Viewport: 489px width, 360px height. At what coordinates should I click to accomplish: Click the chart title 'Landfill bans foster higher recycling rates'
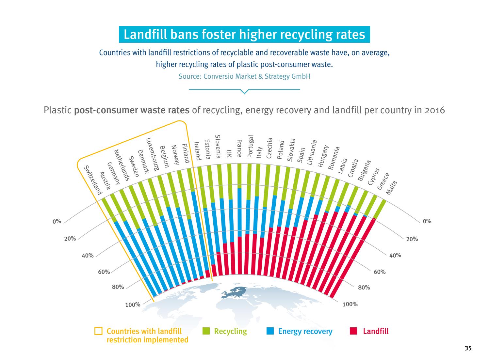coord(244,35)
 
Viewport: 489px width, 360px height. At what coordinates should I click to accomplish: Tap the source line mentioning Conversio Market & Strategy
coord(244,77)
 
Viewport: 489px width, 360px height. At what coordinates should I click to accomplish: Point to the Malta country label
coord(391,188)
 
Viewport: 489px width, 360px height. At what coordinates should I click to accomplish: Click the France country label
coord(239,149)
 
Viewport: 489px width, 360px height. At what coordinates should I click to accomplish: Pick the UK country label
coord(229,153)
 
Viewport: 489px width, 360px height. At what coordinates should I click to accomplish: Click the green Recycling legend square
coord(206,331)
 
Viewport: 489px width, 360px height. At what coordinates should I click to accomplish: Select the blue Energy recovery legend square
coord(270,331)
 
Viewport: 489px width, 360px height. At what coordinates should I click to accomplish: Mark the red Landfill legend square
coord(353,331)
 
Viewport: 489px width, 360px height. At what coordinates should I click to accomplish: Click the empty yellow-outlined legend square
coord(98,331)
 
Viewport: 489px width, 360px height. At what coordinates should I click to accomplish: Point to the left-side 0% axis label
coord(57,222)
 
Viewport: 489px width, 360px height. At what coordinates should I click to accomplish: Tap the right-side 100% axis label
coord(350,304)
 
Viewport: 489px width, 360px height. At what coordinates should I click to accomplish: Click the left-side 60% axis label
coord(104,272)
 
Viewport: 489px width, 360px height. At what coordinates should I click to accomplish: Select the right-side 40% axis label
coord(395,255)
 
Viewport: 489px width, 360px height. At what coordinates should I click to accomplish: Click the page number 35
coord(468,349)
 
